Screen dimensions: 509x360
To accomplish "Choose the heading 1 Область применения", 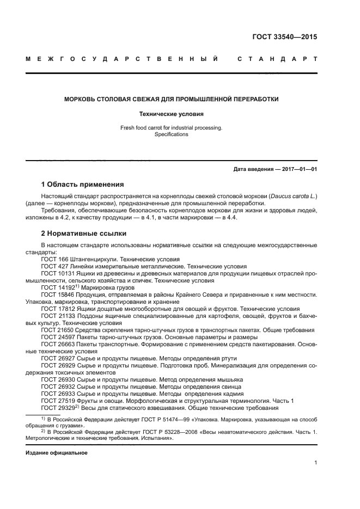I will [x=83, y=184].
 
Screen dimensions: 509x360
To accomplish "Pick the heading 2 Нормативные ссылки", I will [x=84, y=234].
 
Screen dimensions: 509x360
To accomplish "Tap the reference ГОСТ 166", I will [x=53, y=260].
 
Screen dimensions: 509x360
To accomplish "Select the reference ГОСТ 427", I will [x=53, y=267].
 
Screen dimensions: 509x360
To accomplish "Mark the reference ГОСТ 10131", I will [x=57, y=273].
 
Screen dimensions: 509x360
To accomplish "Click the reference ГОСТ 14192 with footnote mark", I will [x=59, y=287].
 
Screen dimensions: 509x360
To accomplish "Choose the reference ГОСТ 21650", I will [x=57, y=330].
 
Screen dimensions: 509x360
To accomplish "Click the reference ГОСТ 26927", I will [x=57, y=358].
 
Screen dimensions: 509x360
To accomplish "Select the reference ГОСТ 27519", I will [x=57, y=401].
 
